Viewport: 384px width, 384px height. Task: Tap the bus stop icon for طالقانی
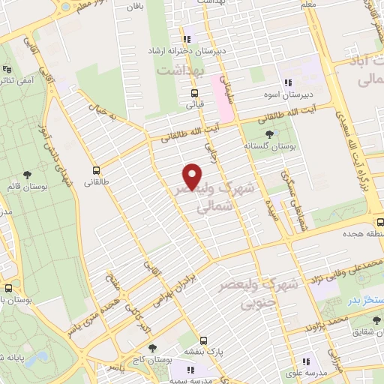point(96,170)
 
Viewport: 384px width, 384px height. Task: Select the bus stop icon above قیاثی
point(195,94)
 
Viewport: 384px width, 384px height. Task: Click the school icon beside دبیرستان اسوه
point(287,83)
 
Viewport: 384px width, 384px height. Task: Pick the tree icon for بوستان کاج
point(153,348)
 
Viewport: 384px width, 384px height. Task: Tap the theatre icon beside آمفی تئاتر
point(9,79)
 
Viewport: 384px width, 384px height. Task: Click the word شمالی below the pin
point(210,211)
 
